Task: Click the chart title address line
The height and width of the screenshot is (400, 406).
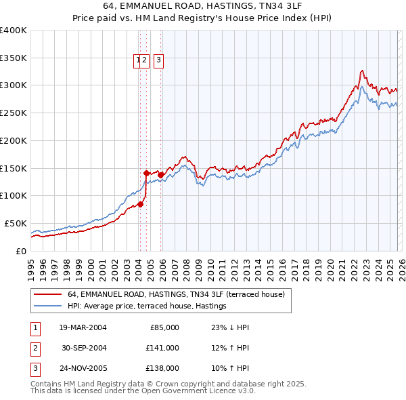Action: click(x=203, y=6)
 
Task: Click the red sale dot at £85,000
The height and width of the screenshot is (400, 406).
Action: click(x=141, y=203)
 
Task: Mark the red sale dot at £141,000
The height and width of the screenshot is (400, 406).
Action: click(x=147, y=173)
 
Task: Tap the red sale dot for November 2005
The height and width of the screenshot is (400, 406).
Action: click(x=161, y=175)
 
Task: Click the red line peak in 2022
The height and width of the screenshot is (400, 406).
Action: click(x=363, y=70)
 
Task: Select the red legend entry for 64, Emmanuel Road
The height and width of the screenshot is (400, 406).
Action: click(x=179, y=294)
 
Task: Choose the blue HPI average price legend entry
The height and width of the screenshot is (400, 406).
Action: click(x=146, y=306)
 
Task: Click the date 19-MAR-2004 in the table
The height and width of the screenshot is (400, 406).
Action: click(x=83, y=327)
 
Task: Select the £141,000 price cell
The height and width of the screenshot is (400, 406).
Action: click(x=163, y=348)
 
